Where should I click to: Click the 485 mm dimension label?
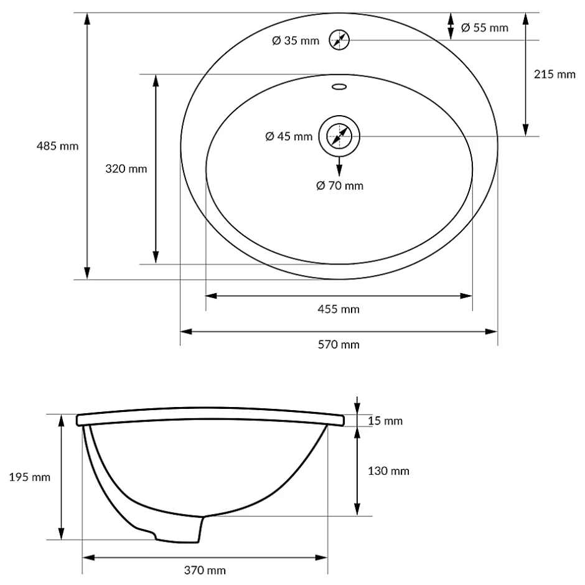[x=57, y=146]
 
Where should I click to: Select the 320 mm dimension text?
[x=126, y=169]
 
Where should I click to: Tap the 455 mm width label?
[x=339, y=309]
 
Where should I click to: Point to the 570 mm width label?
[x=339, y=344]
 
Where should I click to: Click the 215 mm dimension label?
[x=555, y=74]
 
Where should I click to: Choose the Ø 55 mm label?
[x=485, y=27]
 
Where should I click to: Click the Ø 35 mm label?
[x=296, y=40]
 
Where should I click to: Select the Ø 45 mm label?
[x=289, y=136]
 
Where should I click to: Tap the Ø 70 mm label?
[x=340, y=185]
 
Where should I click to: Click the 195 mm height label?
[x=29, y=477]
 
